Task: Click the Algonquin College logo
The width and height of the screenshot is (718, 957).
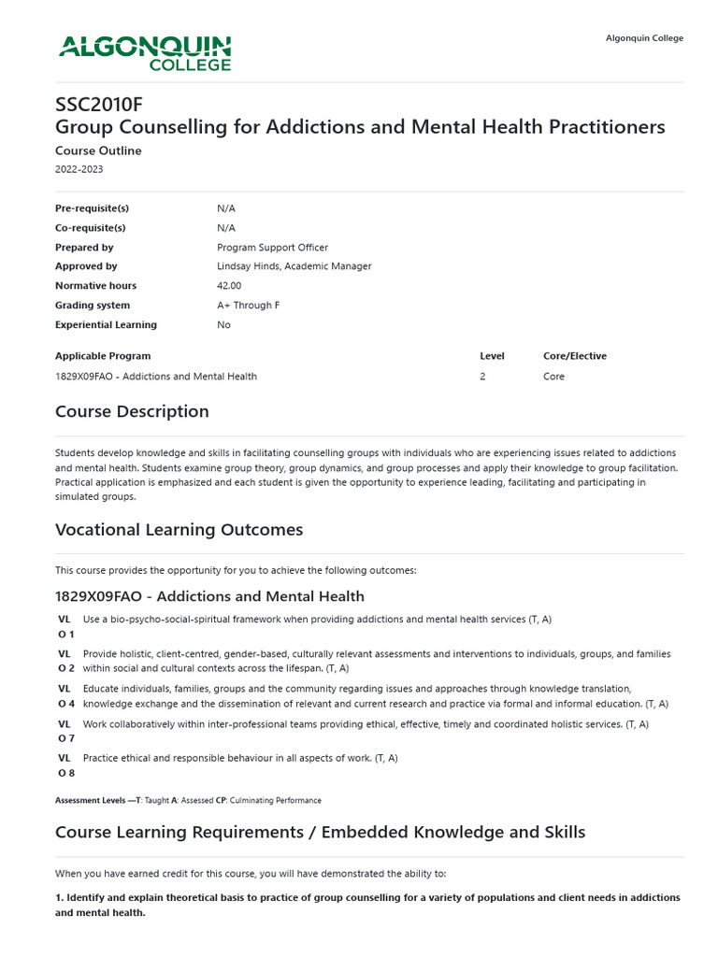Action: tap(145, 52)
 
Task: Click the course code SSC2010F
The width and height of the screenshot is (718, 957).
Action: tap(99, 104)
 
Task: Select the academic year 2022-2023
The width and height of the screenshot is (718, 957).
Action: tap(79, 169)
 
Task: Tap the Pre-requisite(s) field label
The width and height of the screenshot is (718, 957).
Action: tap(92, 208)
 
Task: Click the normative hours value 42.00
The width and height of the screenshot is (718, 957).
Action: tap(229, 286)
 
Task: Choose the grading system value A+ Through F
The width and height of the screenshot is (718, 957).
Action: tap(248, 306)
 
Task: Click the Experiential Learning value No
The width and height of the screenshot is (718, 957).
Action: tap(223, 325)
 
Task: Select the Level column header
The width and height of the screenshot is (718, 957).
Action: tap(492, 356)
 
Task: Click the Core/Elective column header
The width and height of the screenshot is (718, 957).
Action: tap(574, 356)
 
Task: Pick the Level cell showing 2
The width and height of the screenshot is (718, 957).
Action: tap(482, 377)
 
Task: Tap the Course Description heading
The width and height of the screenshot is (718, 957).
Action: tap(132, 411)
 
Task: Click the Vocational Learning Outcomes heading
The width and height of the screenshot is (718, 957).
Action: tap(179, 530)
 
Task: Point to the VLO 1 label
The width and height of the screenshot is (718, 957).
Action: tap(65, 626)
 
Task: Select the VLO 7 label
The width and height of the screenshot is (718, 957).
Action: tap(65, 731)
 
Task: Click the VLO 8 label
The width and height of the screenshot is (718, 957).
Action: tap(65, 765)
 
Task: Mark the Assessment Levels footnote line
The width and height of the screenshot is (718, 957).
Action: tap(188, 801)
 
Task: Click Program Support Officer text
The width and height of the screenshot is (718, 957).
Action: tap(272, 248)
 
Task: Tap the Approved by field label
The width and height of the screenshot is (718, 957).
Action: tap(86, 266)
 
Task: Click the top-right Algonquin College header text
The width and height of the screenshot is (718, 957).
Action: tap(644, 38)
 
